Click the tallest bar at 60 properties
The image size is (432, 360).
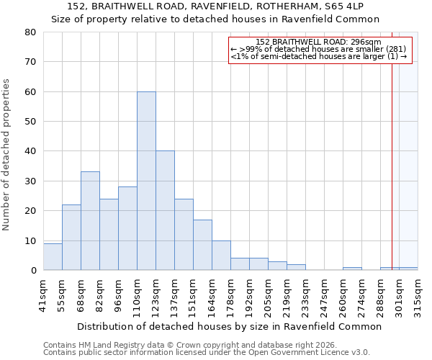146,181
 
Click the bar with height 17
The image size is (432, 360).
202,245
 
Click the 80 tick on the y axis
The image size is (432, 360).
30,32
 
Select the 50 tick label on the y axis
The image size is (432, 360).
30,122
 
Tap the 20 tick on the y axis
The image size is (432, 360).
30,211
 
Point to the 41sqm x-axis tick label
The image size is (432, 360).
43,295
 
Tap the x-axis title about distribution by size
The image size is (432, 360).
229,326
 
